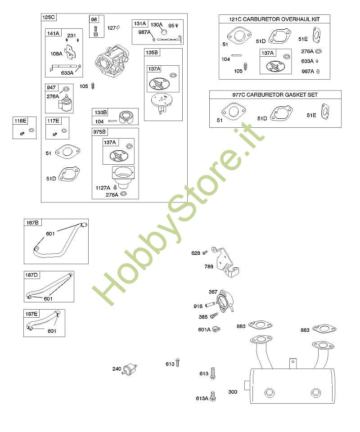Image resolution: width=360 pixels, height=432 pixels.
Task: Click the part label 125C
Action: point(49,18)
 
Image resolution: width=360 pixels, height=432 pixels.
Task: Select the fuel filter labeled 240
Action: point(130,369)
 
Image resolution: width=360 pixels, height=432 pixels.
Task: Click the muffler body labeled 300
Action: point(292,386)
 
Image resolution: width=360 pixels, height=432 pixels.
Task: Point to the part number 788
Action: point(209,266)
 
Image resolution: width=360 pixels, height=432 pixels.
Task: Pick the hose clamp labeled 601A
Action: point(216,329)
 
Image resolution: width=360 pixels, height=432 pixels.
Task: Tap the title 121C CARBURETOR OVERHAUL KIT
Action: point(274,19)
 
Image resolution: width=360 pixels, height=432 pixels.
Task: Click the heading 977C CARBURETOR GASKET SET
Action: point(275,95)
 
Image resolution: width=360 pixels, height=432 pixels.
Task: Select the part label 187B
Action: point(32,223)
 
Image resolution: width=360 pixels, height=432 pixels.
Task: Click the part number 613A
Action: point(202,398)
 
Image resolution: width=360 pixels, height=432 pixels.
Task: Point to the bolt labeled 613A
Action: point(213,396)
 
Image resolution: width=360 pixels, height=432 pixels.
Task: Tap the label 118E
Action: point(20,121)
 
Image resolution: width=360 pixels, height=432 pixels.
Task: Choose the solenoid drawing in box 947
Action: point(66,103)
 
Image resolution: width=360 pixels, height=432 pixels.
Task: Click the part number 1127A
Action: point(103,188)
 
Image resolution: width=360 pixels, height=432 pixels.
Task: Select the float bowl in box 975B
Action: point(123,176)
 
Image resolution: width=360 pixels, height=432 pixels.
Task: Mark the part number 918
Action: point(198,306)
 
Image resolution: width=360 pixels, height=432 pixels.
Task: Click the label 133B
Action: point(100,112)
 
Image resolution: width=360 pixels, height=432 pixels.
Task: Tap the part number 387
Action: point(213,292)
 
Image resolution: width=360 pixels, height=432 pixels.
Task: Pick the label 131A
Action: point(140,24)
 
